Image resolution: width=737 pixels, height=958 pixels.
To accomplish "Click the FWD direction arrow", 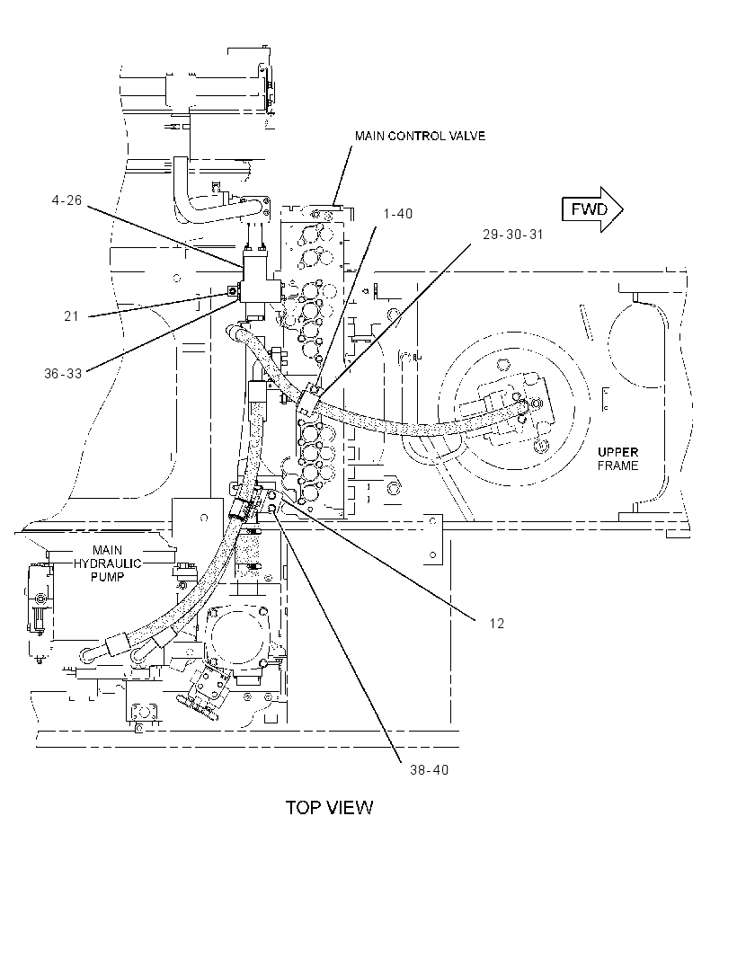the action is pyautogui.click(x=591, y=209).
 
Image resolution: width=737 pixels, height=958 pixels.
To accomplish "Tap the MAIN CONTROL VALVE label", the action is pyautogui.click(x=420, y=136).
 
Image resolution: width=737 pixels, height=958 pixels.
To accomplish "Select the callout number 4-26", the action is pyautogui.click(x=67, y=200).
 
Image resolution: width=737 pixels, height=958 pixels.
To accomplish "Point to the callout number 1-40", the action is pyautogui.click(x=398, y=214).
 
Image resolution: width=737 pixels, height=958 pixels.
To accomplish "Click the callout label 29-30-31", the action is pyautogui.click(x=512, y=235).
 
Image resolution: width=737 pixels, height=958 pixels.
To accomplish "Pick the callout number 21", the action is pyautogui.click(x=72, y=316).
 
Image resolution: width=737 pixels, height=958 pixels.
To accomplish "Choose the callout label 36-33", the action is pyautogui.click(x=63, y=373).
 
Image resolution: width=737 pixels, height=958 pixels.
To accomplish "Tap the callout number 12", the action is pyautogui.click(x=497, y=623).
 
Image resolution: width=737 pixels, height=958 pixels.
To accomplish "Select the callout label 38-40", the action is pyautogui.click(x=429, y=770).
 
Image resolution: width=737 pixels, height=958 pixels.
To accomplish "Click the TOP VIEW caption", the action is pyautogui.click(x=329, y=808).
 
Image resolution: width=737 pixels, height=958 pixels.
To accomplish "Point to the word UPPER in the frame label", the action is pyautogui.click(x=617, y=452).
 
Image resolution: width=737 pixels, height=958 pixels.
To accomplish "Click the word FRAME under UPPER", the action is pyautogui.click(x=617, y=466).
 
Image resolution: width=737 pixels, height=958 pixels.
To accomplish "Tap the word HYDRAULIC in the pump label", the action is pyautogui.click(x=108, y=563).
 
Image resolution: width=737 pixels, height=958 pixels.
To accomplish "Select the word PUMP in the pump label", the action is pyautogui.click(x=108, y=577).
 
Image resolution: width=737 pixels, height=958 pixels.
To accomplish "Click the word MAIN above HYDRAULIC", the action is pyautogui.click(x=108, y=550).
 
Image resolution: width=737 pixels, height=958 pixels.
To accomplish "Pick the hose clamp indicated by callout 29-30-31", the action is pyautogui.click(x=310, y=399).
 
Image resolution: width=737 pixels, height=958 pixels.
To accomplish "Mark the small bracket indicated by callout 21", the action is pyautogui.click(x=232, y=291).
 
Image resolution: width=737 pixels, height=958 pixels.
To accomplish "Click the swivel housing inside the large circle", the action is pyautogui.click(x=514, y=405).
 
